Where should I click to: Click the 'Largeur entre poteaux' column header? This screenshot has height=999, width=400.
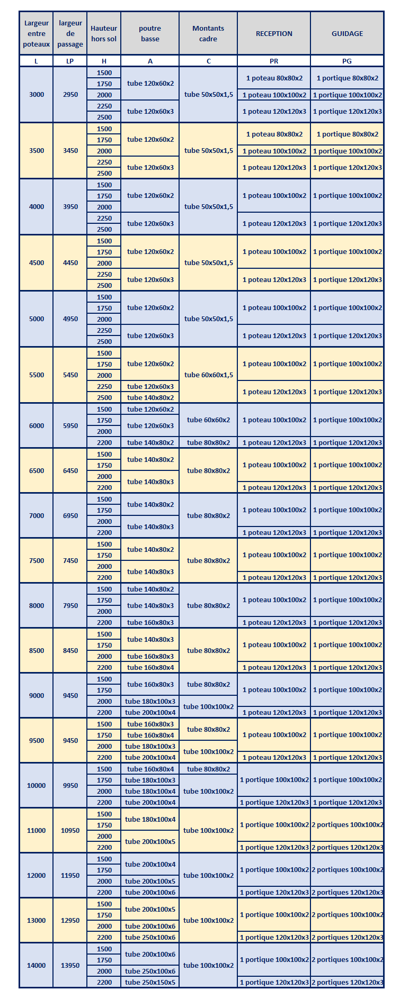(x=36, y=33)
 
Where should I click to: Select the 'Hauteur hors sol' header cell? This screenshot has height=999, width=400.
(x=104, y=33)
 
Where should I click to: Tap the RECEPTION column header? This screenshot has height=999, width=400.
(x=274, y=33)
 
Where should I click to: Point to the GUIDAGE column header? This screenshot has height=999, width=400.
(x=347, y=33)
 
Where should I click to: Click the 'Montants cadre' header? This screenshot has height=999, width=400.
(x=208, y=33)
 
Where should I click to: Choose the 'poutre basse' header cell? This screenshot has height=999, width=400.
(x=150, y=33)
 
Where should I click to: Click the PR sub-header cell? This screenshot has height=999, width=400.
(x=274, y=61)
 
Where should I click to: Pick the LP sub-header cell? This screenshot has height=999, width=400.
(x=70, y=61)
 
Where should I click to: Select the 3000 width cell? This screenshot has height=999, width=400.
(x=37, y=95)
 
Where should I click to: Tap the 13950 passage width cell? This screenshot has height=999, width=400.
(x=70, y=965)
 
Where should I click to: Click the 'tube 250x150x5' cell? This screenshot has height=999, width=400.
(x=150, y=982)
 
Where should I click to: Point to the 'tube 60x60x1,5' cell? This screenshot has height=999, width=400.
(x=209, y=375)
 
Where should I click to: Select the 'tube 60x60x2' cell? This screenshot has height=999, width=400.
(x=209, y=420)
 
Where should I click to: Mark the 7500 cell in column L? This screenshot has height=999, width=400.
(x=37, y=560)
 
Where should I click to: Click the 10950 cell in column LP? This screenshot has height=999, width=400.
(x=70, y=830)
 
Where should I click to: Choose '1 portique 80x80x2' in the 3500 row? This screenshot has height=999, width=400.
(x=348, y=134)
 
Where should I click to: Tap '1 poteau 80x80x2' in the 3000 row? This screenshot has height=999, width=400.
(x=274, y=78)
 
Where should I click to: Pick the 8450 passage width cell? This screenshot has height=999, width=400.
(x=70, y=650)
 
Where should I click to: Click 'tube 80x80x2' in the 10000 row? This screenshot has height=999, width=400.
(x=209, y=769)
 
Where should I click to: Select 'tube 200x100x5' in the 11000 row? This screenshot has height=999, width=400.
(x=150, y=841)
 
